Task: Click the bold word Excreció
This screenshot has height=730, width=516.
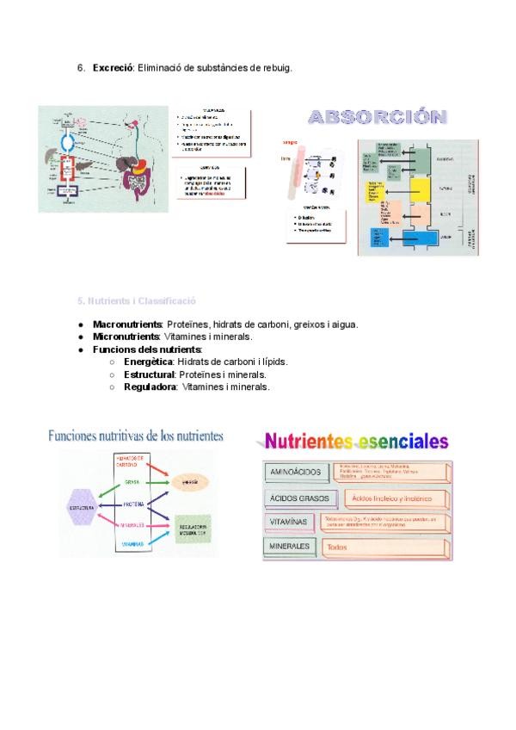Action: tap(113, 68)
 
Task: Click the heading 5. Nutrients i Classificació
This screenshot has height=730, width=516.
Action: tap(137, 301)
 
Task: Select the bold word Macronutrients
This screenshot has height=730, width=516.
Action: tap(127, 325)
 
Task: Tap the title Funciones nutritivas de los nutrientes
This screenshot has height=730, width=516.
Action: tap(136, 436)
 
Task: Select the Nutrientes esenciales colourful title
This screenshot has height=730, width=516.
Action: tap(355, 442)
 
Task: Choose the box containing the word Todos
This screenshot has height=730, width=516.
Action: tap(384, 547)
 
